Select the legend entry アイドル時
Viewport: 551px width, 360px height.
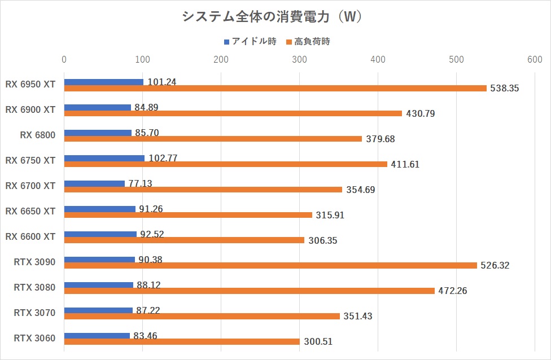click(250, 41)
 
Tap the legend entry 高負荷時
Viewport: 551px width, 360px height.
click(312, 41)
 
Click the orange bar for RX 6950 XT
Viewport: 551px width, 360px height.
click(275, 88)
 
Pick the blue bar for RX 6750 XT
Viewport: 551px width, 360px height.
click(104, 158)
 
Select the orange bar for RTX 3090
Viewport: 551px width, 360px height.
click(270, 265)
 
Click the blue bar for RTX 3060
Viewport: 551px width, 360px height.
click(97, 336)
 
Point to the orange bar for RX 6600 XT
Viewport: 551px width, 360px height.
click(184, 240)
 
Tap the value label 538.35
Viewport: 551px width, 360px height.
click(505, 88)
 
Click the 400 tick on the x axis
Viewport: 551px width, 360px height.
click(378, 59)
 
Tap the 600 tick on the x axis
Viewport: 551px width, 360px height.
click(534, 59)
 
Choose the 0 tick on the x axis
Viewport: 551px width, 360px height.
click(64, 59)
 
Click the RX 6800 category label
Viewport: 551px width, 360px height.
click(38, 135)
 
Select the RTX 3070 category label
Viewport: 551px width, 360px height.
click(34, 313)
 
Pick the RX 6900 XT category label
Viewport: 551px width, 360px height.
click(30, 109)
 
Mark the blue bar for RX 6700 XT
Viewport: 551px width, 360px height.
click(94, 183)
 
